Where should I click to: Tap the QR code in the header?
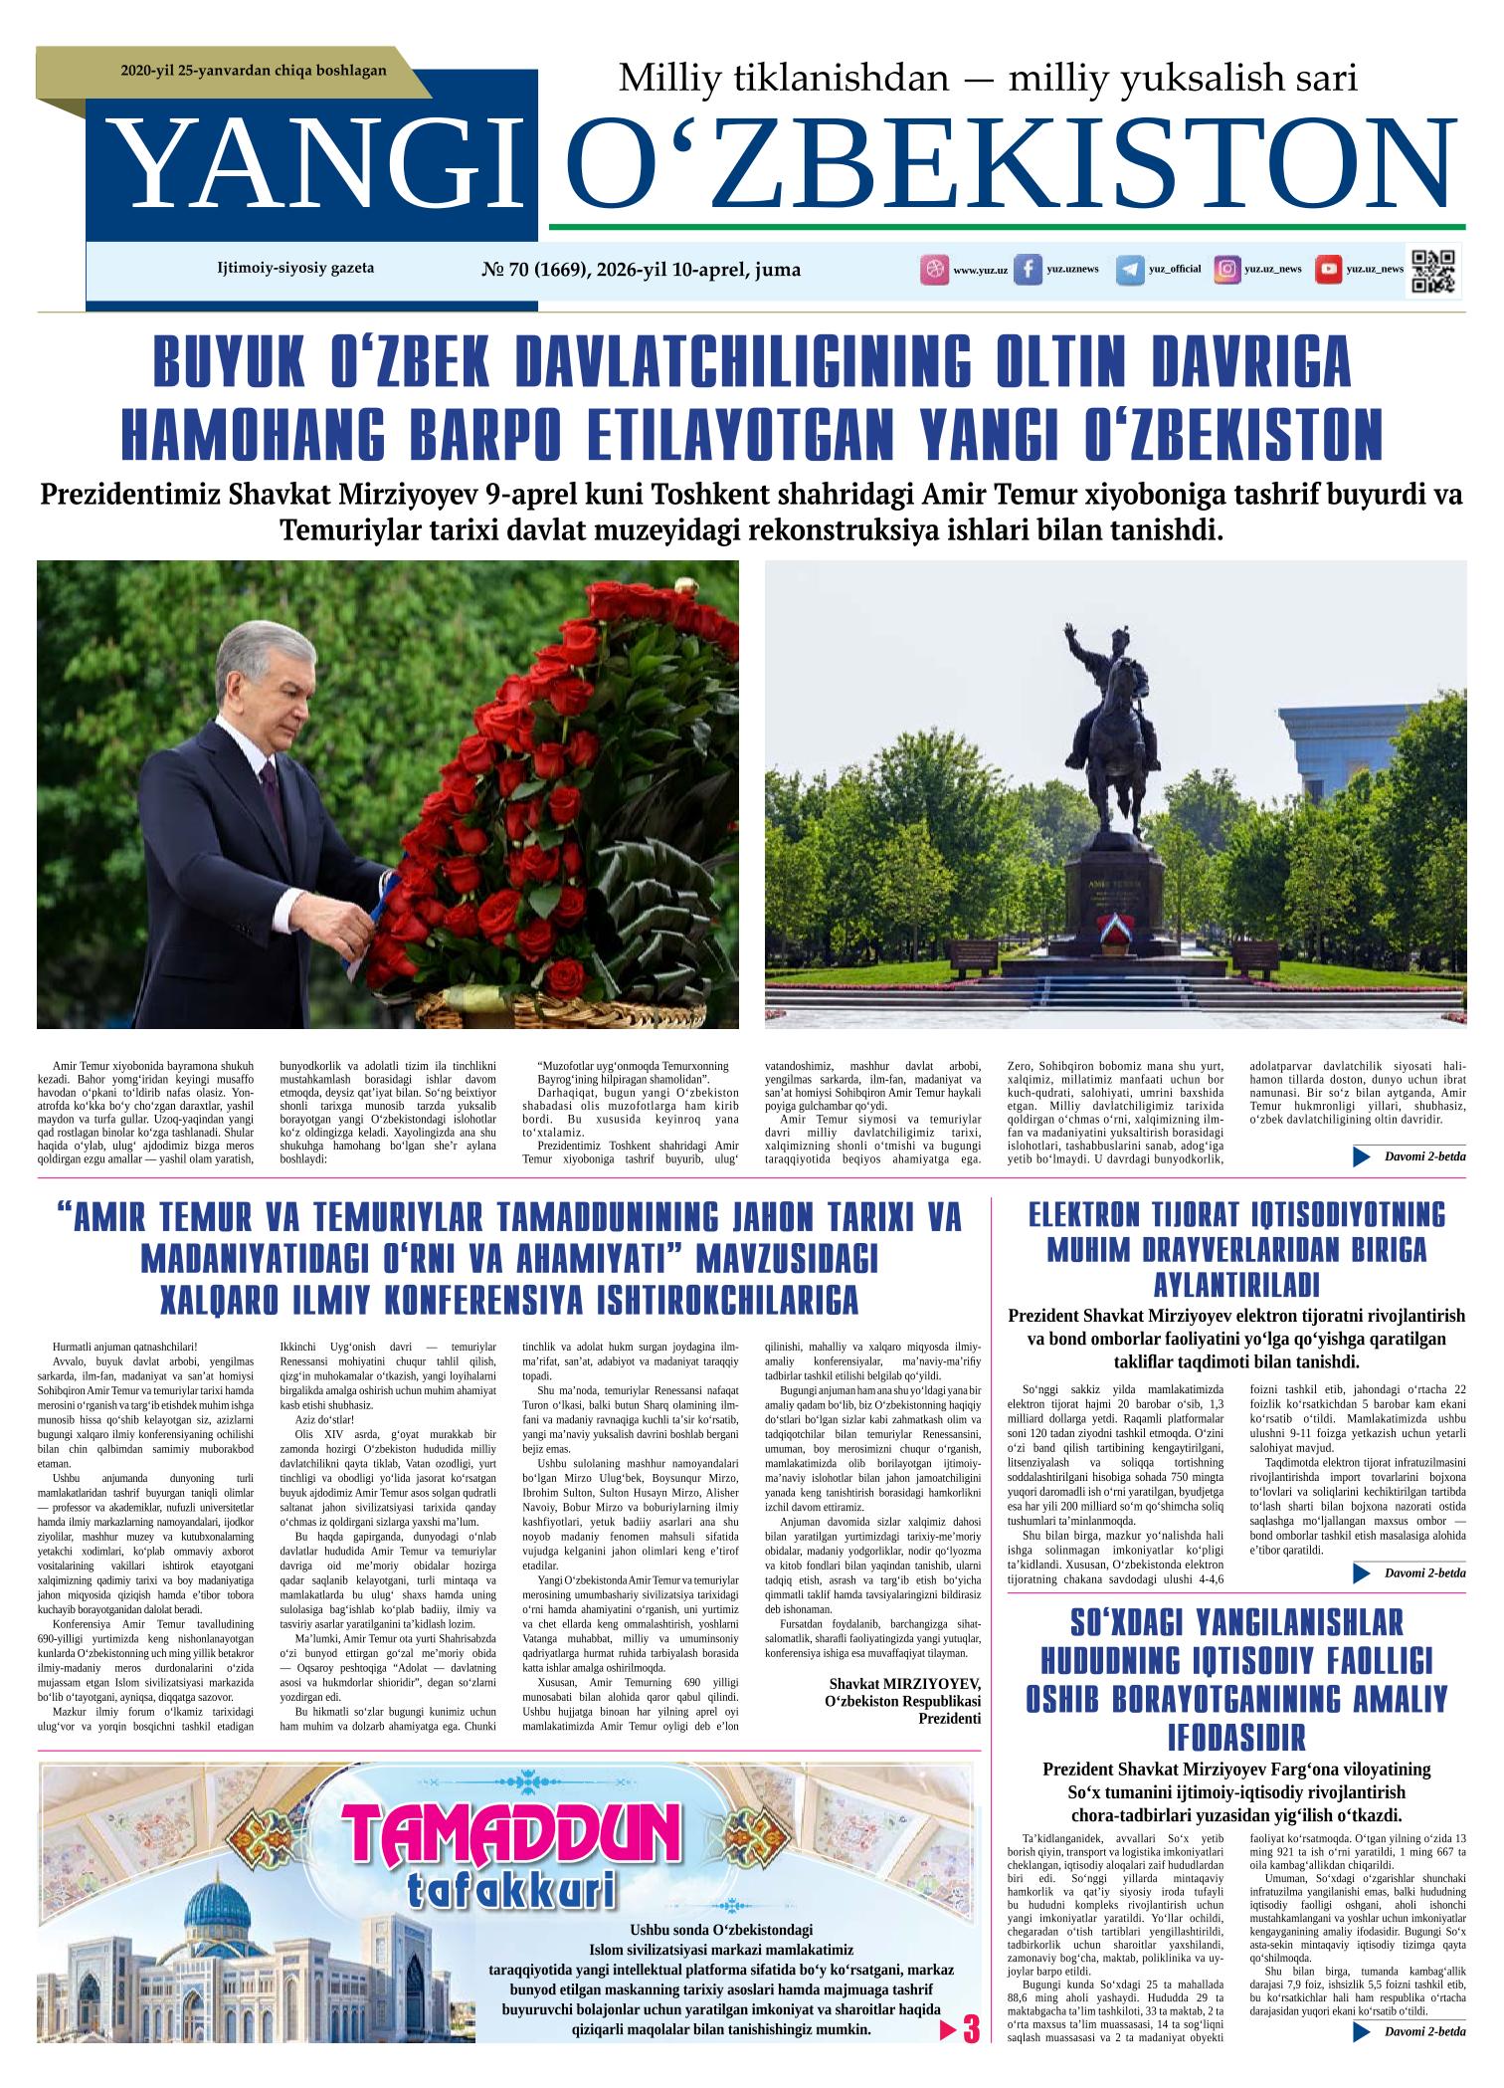point(1433,269)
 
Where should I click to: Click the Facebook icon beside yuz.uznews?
point(1028,271)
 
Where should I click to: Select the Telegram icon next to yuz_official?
point(1129,271)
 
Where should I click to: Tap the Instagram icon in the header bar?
point(1228,270)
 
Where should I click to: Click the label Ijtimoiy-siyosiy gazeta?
point(295,268)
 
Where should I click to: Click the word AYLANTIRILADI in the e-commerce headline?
point(1235,1283)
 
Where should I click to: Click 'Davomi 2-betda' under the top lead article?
point(1423,1156)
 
